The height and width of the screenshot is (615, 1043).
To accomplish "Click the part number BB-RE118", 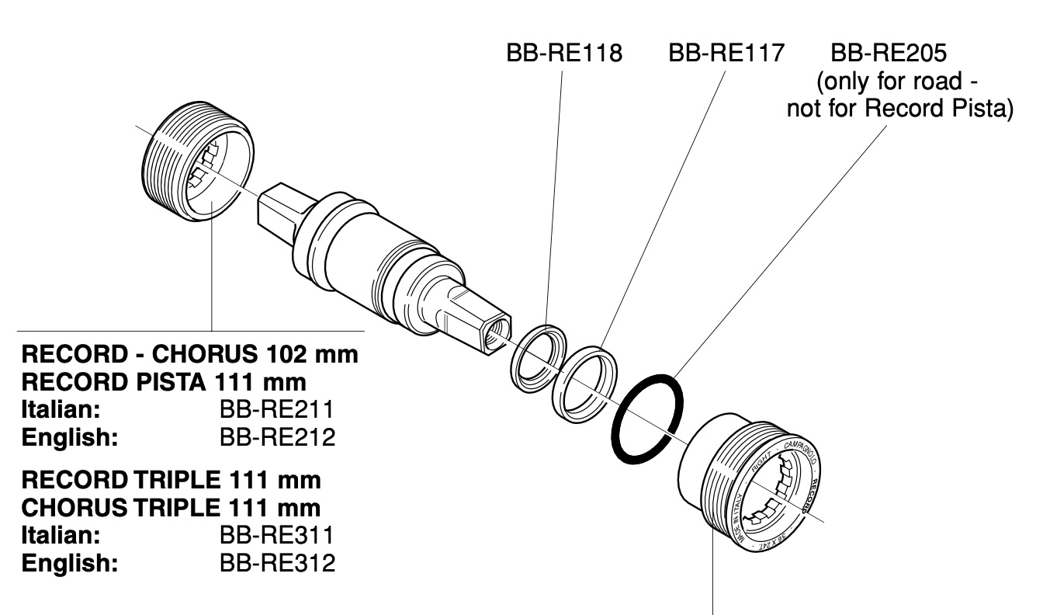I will click(563, 54).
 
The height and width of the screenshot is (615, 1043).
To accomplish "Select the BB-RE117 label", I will click(726, 54).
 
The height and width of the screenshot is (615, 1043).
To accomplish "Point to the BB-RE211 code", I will click(278, 410).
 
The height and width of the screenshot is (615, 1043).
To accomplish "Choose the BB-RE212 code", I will click(278, 437).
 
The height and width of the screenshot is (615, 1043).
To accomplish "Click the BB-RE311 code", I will click(278, 536).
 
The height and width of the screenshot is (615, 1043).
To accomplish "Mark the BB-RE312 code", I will click(278, 563).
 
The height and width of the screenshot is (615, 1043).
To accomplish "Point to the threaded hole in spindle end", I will click(494, 335).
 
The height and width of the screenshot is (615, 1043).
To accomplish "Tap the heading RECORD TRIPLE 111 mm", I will click(171, 481).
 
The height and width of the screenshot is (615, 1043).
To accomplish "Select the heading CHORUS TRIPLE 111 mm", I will click(171, 509).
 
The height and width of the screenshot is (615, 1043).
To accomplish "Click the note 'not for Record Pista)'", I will click(900, 107).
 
